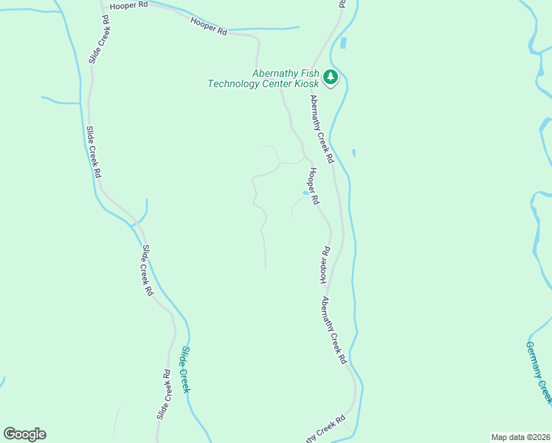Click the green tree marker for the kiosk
(x=331, y=77)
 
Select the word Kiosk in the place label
(x=306, y=83)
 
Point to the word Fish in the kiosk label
(x=308, y=73)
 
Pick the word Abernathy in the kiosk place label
(x=275, y=73)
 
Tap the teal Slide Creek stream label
(x=186, y=369)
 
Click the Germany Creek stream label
(x=539, y=372)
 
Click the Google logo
(x=24, y=434)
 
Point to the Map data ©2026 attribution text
(x=520, y=437)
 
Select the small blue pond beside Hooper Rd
(x=306, y=193)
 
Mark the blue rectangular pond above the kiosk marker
(x=343, y=43)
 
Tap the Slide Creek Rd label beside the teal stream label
(x=165, y=395)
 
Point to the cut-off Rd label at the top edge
(x=342, y=4)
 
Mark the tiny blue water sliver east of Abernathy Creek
(x=353, y=153)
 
